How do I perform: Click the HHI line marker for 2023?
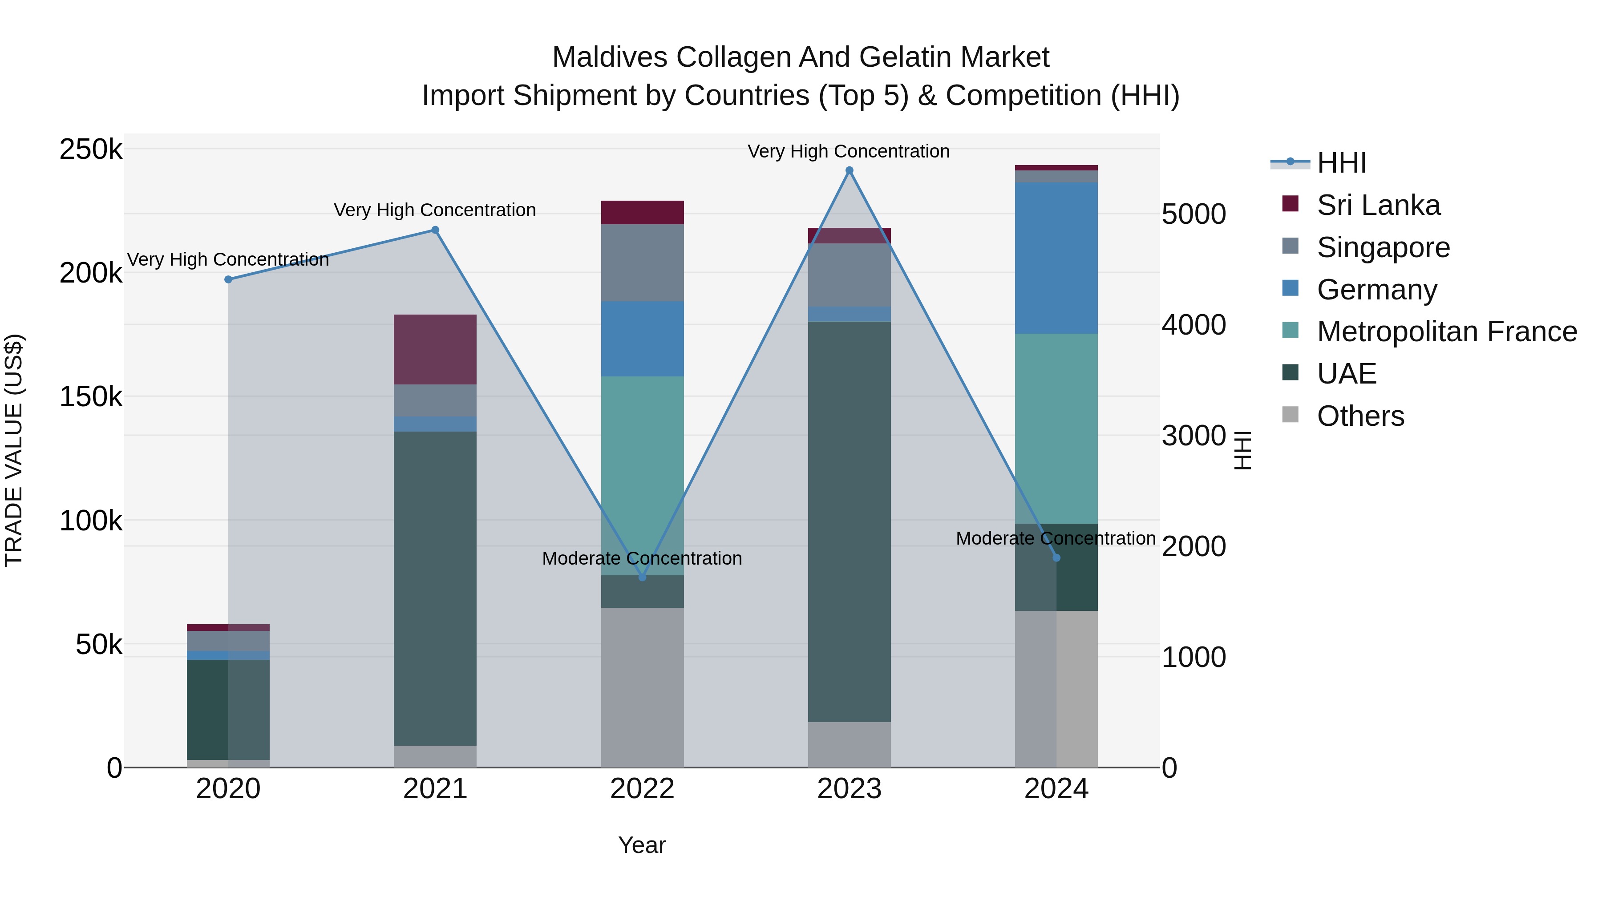[850, 170]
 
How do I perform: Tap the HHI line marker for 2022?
[643, 578]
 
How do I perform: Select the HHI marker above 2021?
[435, 230]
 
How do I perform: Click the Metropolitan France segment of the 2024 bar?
[1056, 429]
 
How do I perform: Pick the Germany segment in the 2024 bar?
[1056, 258]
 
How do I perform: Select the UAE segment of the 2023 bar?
[850, 522]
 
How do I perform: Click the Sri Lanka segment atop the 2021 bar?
[435, 349]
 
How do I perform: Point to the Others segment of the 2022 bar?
[643, 687]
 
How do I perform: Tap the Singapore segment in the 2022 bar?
[643, 263]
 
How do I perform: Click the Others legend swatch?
[1290, 415]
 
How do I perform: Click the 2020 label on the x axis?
[228, 789]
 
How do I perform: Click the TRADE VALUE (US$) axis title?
[14, 450]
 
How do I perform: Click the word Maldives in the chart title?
[610, 57]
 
